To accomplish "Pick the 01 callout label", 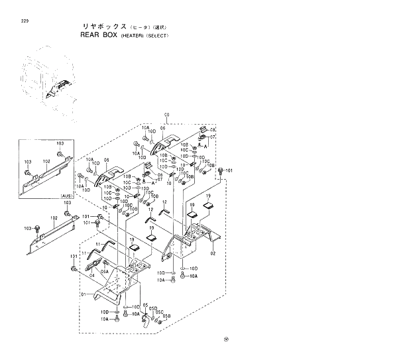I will click(x=84, y=294).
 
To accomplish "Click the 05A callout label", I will click(x=104, y=271).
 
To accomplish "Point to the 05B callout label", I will click(x=167, y=316).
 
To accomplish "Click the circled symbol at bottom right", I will click(x=226, y=340).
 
